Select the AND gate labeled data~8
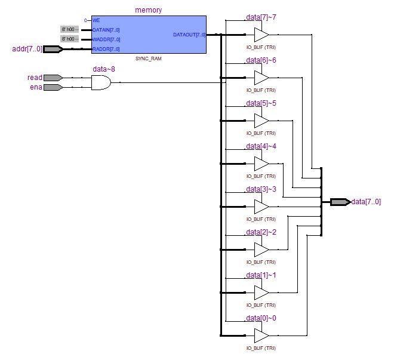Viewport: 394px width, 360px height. (x=101, y=82)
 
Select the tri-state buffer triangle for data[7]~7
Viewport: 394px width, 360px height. (x=261, y=35)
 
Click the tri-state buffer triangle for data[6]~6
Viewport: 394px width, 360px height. (x=261, y=78)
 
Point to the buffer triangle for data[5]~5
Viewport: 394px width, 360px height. (x=261, y=121)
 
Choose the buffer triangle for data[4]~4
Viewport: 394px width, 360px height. (x=261, y=164)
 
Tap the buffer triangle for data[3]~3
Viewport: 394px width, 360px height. (x=261, y=207)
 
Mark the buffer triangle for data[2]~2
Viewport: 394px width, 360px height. (x=261, y=250)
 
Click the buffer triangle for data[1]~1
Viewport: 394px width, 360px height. (x=261, y=293)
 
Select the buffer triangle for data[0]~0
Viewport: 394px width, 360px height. (x=261, y=336)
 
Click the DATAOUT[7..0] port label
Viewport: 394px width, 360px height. (x=189, y=35)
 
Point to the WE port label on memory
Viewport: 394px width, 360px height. (x=96, y=20)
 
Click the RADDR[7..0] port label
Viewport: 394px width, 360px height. (x=106, y=49)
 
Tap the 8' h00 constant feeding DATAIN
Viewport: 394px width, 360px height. (x=69, y=29)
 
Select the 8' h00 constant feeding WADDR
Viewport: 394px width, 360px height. (x=69, y=39)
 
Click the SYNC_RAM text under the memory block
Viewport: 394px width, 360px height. (x=149, y=59)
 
